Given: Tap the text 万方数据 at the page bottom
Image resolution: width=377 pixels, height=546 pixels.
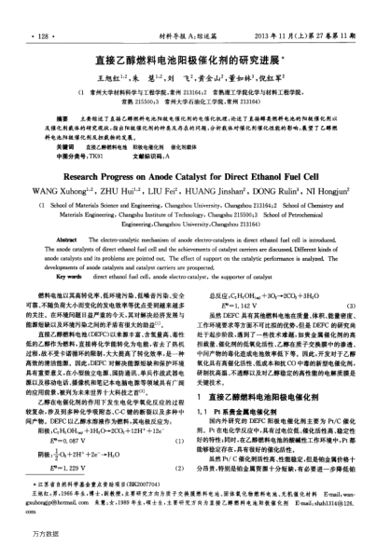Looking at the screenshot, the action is tap(26, 533).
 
